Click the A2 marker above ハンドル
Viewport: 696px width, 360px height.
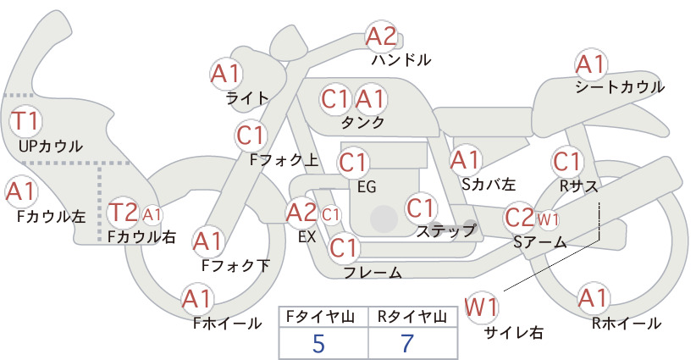[381, 36]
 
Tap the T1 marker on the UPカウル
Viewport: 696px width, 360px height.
[25, 121]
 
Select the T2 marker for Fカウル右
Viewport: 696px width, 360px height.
[124, 213]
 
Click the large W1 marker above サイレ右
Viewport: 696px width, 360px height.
[482, 307]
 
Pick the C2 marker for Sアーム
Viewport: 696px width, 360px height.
[519, 218]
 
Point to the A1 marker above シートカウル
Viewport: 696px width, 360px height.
[591, 65]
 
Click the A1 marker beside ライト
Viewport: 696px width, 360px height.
[226, 74]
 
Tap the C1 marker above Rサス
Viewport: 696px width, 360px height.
[566, 162]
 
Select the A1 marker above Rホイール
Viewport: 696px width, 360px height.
[593, 297]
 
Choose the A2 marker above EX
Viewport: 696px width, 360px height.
[301, 213]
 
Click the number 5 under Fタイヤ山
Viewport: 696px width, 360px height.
[318, 343]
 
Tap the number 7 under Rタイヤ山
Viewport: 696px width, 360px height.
[407, 343]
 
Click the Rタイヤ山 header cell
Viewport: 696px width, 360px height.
[413, 317]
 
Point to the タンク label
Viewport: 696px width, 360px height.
[362, 123]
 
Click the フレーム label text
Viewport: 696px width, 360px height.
[373, 272]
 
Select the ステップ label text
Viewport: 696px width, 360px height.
[445, 231]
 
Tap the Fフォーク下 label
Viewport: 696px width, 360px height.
[235, 265]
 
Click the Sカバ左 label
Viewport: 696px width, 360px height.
[489, 184]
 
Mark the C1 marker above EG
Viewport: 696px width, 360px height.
[353, 163]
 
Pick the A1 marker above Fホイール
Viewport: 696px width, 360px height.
[197, 299]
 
